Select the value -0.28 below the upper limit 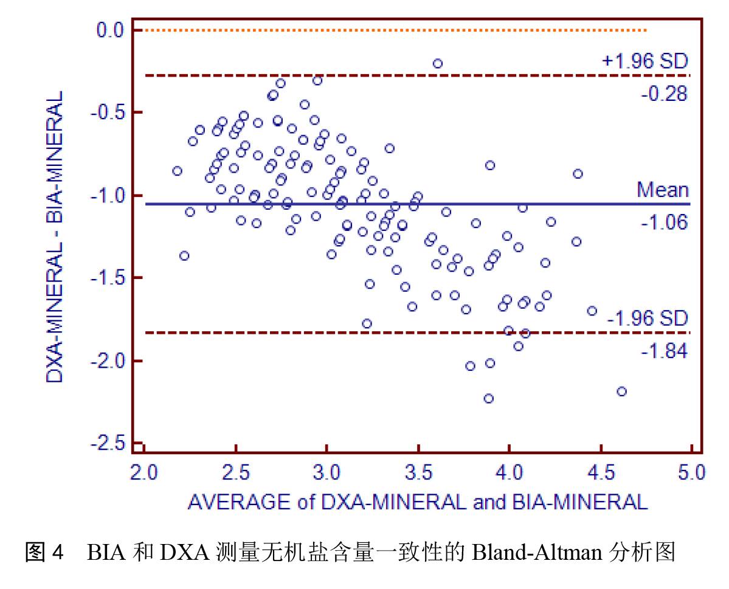pos(664,94)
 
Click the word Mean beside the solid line pos(663,190)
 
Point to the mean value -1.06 pos(664,223)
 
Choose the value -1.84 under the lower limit pos(664,351)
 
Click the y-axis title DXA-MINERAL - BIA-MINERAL pos(56,237)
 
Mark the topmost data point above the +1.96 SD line pos(438,63)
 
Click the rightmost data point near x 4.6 pos(621,391)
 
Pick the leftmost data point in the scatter pos(177,171)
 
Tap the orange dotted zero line pos(389,30)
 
